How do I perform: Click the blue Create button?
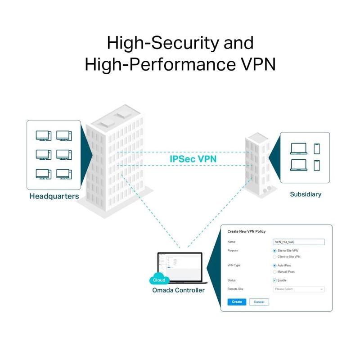pyautogui.click(x=237, y=302)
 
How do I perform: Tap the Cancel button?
pyautogui.click(x=259, y=302)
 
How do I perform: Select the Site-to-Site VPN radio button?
pyautogui.click(x=274, y=250)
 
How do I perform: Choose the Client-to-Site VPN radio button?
pyautogui.click(x=274, y=256)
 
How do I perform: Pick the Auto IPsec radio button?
pyautogui.click(x=274, y=265)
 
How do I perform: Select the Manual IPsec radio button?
pyautogui.click(x=274, y=272)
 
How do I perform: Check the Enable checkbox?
pyautogui.click(x=274, y=280)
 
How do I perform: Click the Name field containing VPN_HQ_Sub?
pyautogui.click(x=298, y=242)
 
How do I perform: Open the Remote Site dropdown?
pyautogui.click(x=298, y=289)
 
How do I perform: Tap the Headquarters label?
pyautogui.click(x=54, y=196)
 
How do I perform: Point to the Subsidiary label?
pyautogui.click(x=306, y=194)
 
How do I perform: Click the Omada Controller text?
pyautogui.click(x=178, y=290)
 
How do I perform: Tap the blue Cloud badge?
pyautogui.click(x=159, y=279)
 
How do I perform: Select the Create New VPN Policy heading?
pyautogui.click(x=247, y=231)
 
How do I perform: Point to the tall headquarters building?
pyautogui.click(x=114, y=162)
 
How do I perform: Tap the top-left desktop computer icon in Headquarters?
pyautogui.click(x=43, y=135)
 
